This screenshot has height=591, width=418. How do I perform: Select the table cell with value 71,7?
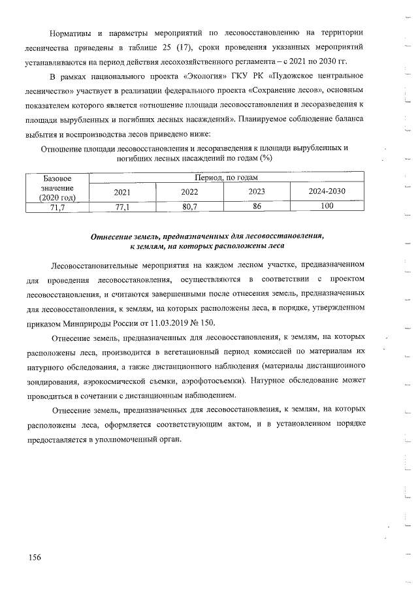click(57, 207)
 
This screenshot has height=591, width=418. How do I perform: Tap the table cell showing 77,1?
click(122, 207)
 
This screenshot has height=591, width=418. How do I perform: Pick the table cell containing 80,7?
click(189, 207)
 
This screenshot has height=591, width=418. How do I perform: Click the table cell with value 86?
click(257, 206)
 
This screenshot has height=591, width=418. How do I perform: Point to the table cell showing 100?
click(327, 206)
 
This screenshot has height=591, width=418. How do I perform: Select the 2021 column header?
click(122, 192)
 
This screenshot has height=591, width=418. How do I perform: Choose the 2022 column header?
click(189, 192)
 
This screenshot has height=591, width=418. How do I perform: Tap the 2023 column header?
click(257, 192)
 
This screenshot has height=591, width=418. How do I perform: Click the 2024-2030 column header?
click(327, 192)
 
